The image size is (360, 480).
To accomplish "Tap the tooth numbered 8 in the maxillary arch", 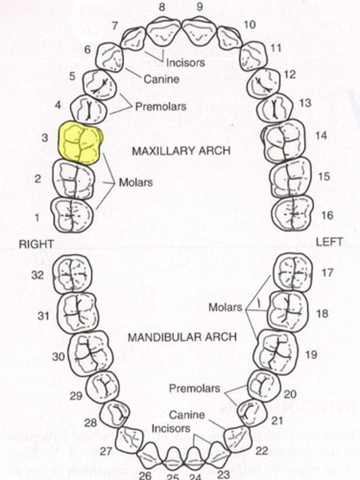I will (163, 33).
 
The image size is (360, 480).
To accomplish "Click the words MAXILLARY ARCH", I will (181, 151).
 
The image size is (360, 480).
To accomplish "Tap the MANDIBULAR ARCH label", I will (182, 337).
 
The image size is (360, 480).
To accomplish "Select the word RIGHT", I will (36, 244).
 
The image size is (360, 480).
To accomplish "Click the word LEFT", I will (329, 242).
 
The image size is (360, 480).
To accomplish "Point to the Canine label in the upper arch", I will (161, 79).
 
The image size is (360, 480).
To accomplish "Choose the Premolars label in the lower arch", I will (194, 388).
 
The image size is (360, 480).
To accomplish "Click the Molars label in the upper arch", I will (136, 182).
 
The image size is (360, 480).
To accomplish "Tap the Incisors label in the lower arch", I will (171, 428).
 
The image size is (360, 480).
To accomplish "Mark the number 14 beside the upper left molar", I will (320, 135).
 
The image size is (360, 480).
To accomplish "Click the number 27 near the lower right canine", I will (106, 452).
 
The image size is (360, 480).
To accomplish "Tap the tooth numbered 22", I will (238, 439).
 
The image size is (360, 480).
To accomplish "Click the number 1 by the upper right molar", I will (37, 218).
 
